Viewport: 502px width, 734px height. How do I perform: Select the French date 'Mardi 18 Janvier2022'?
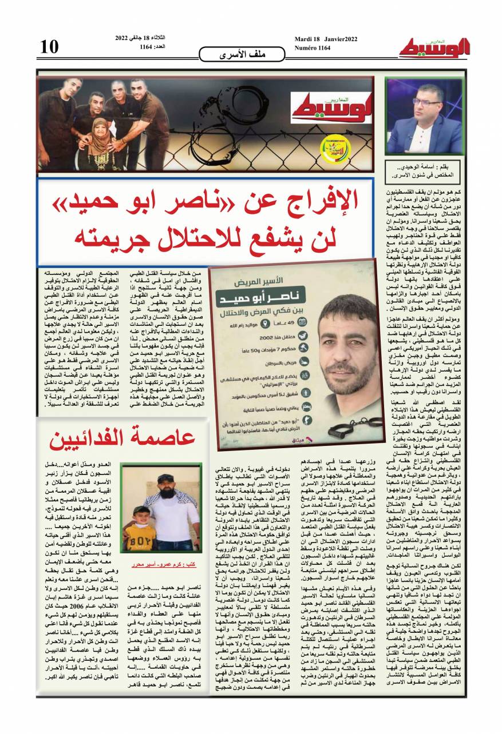[326, 38]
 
